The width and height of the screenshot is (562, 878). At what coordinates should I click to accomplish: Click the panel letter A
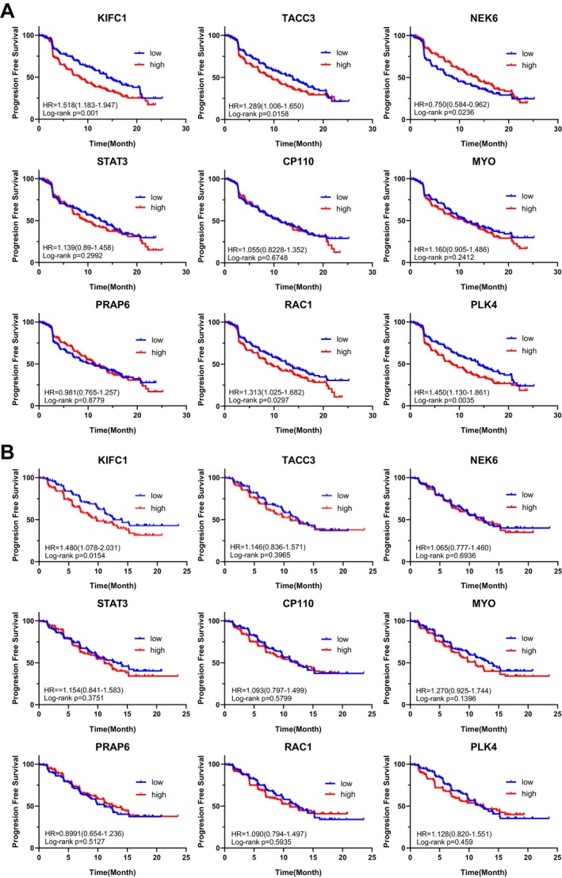(x=8, y=10)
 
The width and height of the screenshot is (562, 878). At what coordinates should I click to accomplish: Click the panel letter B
(x=8, y=452)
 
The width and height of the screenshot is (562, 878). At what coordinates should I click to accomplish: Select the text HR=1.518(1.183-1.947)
(x=80, y=105)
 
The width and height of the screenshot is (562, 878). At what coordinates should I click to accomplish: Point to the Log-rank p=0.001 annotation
(x=69, y=113)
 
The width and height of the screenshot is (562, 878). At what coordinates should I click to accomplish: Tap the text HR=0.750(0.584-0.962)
(x=452, y=105)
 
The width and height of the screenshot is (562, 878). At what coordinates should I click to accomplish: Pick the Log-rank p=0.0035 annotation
(x=442, y=401)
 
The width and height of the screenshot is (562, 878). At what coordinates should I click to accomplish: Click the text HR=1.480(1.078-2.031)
(x=82, y=547)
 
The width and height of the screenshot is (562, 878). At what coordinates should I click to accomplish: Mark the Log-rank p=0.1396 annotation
(x=445, y=700)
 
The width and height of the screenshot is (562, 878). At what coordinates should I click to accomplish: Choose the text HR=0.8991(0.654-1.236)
(x=84, y=833)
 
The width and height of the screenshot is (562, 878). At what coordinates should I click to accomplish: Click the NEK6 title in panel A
(x=484, y=18)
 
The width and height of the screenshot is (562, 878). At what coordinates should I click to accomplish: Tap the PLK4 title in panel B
(x=484, y=747)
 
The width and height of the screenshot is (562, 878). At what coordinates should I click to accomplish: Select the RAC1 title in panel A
(x=298, y=305)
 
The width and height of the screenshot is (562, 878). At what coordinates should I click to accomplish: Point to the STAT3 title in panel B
(x=112, y=604)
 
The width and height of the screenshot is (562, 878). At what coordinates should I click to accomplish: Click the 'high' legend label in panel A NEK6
(x=529, y=65)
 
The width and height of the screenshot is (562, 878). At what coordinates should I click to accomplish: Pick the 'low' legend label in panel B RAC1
(x=346, y=784)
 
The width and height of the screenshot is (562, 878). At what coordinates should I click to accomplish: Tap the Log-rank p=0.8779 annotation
(x=73, y=401)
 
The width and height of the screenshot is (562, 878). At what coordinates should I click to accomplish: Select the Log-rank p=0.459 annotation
(x=445, y=842)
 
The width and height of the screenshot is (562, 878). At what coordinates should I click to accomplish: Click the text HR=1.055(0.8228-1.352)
(x=267, y=249)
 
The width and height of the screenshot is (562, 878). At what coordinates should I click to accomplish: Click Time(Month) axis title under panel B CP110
(x=298, y=729)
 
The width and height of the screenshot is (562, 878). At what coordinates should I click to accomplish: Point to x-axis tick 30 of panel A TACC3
(x=372, y=129)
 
